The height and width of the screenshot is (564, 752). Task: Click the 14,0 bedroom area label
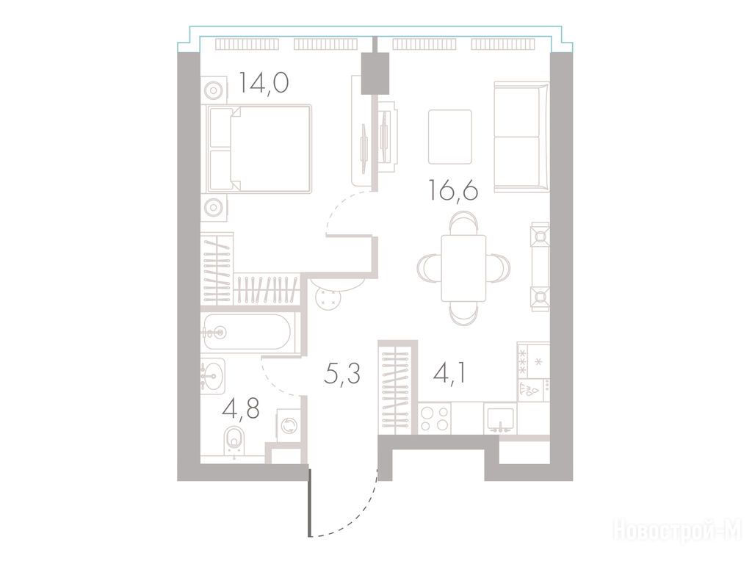(264, 82)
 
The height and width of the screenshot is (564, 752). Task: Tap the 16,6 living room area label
(453, 190)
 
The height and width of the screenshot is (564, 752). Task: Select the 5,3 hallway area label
(341, 374)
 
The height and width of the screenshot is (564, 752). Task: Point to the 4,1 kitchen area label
(449, 374)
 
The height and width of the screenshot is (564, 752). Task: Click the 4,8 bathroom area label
(241, 409)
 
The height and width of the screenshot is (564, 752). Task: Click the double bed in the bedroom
(259, 149)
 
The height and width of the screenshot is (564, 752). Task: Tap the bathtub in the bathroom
(247, 331)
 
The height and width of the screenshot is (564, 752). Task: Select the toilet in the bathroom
(234, 441)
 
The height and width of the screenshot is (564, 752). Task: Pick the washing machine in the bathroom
(289, 425)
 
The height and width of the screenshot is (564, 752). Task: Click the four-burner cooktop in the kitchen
(435, 419)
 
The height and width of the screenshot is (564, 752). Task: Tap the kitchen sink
(500, 419)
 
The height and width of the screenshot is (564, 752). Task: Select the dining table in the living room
(463, 269)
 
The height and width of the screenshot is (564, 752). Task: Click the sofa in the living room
(521, 137)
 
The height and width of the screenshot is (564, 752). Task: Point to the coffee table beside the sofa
(450, 137)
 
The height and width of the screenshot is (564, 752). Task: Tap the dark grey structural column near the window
(375, 73)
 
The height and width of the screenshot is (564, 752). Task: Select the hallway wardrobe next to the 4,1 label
(396, 388)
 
